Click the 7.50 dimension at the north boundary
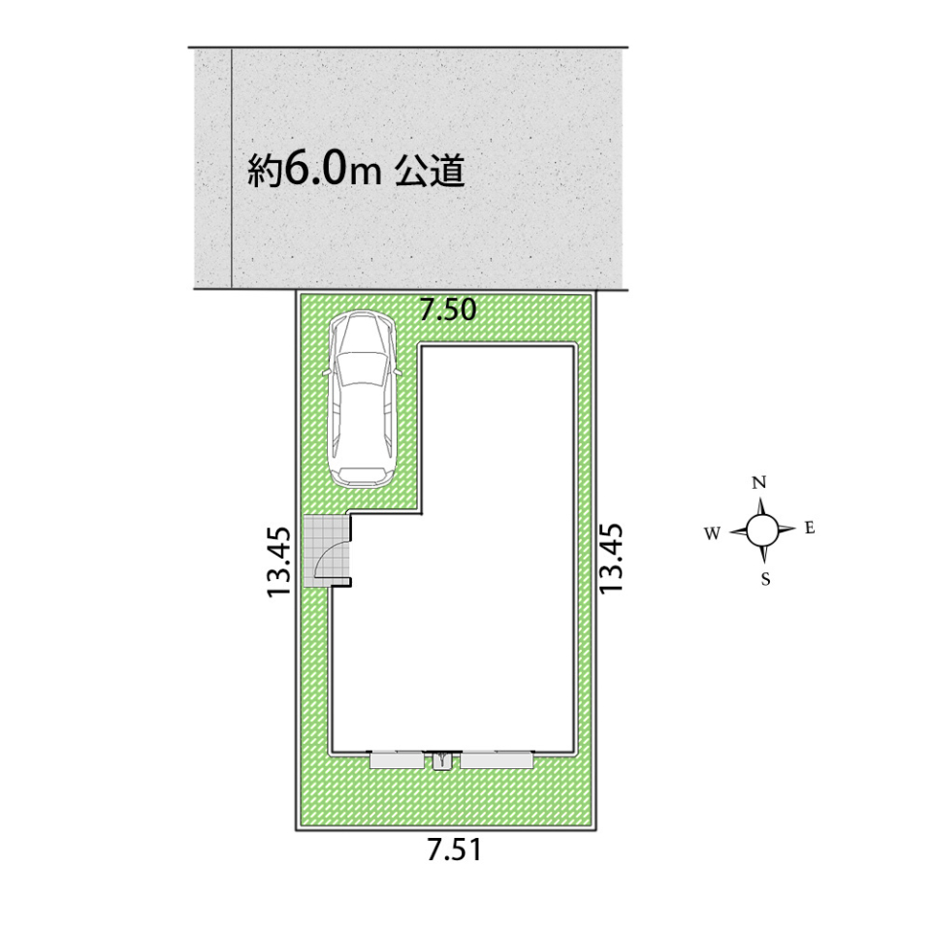448,310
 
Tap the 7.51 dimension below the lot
455,851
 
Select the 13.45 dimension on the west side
279,562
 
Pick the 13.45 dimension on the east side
611,558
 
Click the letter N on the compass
758,483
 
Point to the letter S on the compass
766,579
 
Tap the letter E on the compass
810,528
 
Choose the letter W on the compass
713,533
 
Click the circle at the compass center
762,530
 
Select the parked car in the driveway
361,400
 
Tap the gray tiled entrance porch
326,551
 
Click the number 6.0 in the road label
314,171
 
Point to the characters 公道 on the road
430,171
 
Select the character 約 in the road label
265,171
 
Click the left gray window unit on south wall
398,760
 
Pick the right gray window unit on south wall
497,760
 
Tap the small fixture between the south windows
442,760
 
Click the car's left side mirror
326,372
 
